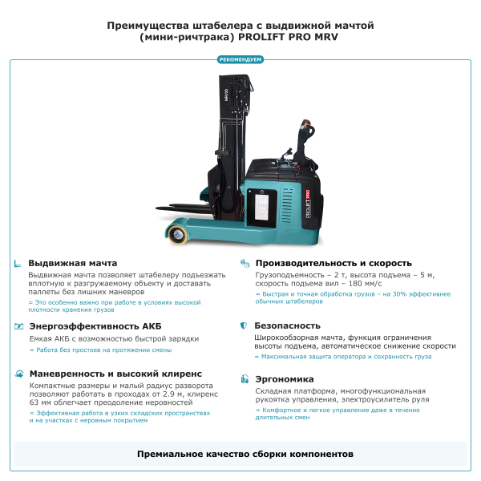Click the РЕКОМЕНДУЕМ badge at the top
pos(240,59)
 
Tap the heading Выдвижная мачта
pos(72,263)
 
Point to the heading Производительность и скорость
pos(333,263)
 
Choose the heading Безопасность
pos(287,326)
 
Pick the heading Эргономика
pos(284,379)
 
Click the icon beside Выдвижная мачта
pos(18,264)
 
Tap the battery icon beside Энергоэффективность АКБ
pos(18,326)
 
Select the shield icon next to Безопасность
pos(244,326)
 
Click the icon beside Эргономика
pos(244,379)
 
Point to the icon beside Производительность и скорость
pos(244,263)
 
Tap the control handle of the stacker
pos(305,128)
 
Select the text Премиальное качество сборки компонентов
pos(245,455)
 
